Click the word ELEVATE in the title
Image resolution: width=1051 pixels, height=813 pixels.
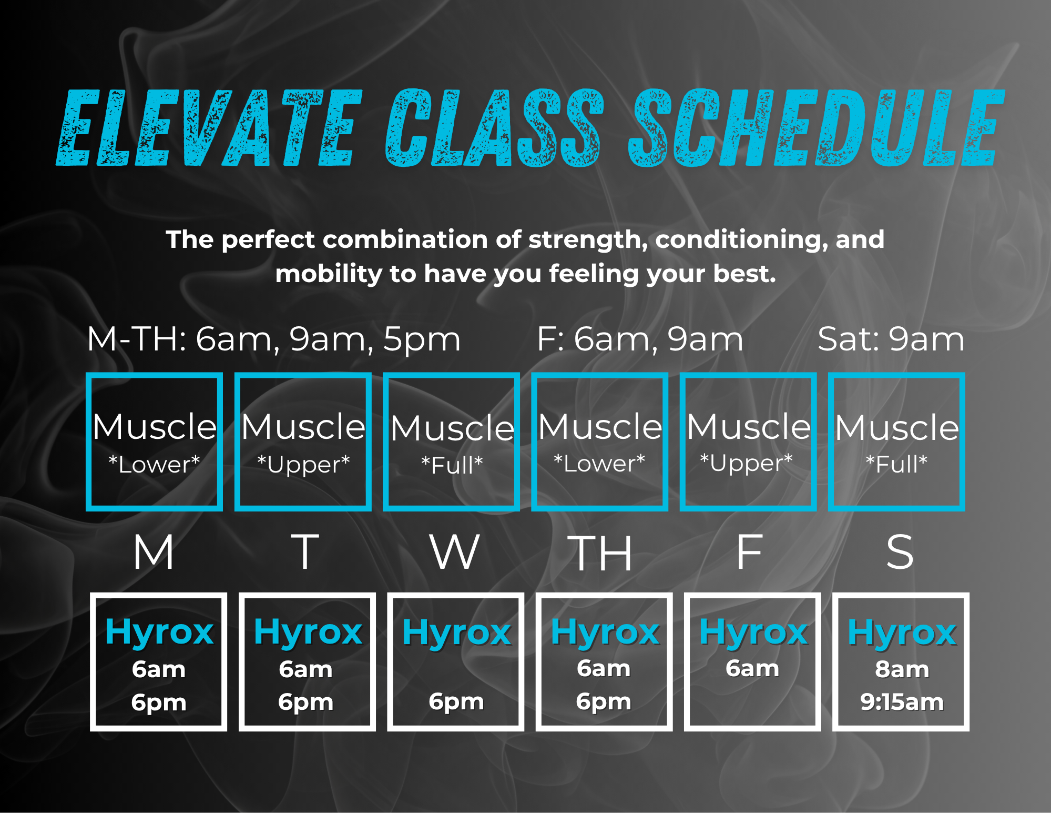point(209,128)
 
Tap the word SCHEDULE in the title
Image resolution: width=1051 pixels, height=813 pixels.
point(817,128)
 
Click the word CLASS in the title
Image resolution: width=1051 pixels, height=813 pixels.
point(495,128)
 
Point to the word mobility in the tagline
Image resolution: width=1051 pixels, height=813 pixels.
point(329,274)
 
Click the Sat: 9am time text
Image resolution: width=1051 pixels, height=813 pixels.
point(891,339)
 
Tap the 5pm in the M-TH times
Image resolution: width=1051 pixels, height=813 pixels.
point(422,340)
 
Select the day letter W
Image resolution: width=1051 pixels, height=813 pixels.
point(455,552)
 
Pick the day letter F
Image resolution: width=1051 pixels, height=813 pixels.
point(749,552)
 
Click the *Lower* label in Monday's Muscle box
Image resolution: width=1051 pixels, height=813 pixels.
point(154,464)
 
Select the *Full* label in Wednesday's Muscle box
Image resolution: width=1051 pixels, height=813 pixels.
point(452,465)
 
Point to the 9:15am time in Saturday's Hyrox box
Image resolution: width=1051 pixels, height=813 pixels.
point(902,702)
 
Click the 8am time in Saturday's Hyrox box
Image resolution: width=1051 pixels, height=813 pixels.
point(902,669)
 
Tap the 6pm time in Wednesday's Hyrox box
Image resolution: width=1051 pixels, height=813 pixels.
point(456,702)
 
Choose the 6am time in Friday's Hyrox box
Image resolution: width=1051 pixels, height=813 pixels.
point(752,668)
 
